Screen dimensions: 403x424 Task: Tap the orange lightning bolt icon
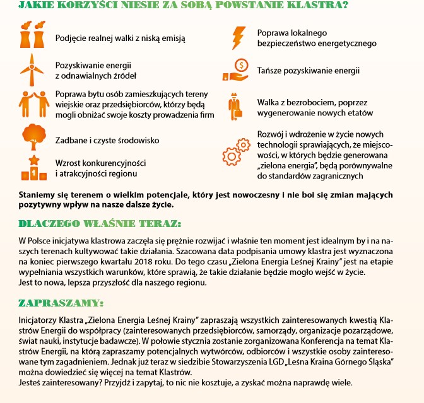(x=239, y=37)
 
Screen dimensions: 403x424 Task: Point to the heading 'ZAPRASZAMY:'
(x=61, y=302)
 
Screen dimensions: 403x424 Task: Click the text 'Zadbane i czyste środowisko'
(x=107, y=139)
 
